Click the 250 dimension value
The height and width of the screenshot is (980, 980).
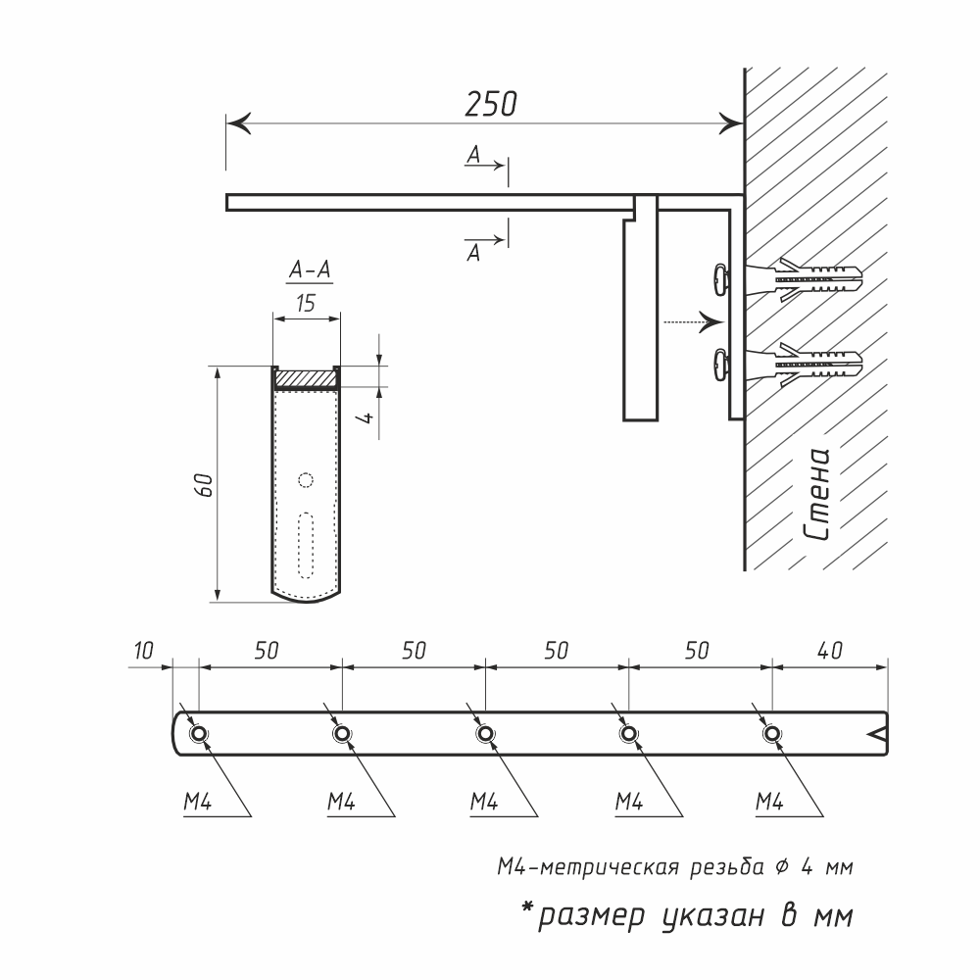point(491,105)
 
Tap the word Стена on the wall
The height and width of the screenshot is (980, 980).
point(817,494)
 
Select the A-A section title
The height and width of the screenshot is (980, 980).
point(310,270)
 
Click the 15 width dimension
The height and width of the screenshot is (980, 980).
point(306,303)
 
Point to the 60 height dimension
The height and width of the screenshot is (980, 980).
point(204,485)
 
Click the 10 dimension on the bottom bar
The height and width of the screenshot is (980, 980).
point(144,651)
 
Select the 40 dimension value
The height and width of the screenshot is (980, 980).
point(829,651)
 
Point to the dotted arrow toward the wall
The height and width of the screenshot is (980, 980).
point(693,322)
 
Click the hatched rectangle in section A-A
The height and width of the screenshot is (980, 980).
point(306,378)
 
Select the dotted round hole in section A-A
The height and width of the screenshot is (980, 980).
point(305,480)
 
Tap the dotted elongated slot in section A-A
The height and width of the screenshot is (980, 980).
point(306,546)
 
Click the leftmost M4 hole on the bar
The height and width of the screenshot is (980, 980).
point(199,733)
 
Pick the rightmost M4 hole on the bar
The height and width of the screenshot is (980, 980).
point(772,733)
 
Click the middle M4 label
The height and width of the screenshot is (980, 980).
point(484,802)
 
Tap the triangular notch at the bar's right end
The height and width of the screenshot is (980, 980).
point(879,734)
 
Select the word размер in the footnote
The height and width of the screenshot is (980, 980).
point(591,917)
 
